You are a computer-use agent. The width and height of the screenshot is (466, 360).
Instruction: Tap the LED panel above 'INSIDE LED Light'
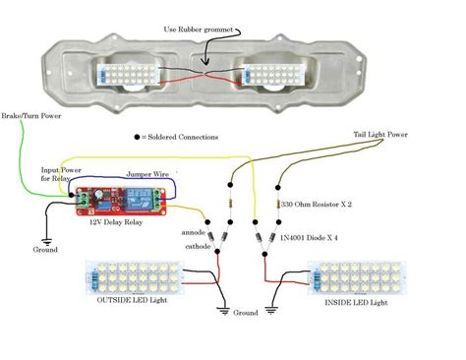352,281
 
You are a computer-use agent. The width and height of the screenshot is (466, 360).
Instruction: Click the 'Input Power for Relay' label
58,175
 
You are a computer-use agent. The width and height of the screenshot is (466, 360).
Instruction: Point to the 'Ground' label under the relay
44,250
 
